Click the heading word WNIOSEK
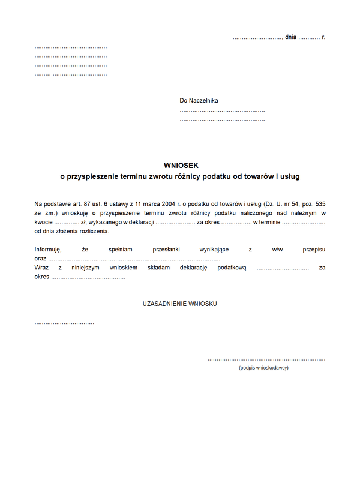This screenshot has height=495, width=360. (x=180, y=165)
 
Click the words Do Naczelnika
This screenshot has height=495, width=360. (x=199, y=101)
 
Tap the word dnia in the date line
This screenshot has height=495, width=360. (x=291, y=37)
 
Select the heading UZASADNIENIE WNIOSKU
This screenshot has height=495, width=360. (x=180, y=304)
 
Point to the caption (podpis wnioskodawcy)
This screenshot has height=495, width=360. (x=263, y=368)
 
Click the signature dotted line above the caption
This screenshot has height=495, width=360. (x=266, y=359)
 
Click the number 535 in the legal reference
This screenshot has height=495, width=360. (x=319, y=205)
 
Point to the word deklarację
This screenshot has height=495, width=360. (x=193, y=268)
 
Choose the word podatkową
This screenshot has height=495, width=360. (x=232, y=268)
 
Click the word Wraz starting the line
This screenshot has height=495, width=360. (x=41, y=268)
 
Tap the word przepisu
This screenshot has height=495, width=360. (x=314, y=249)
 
